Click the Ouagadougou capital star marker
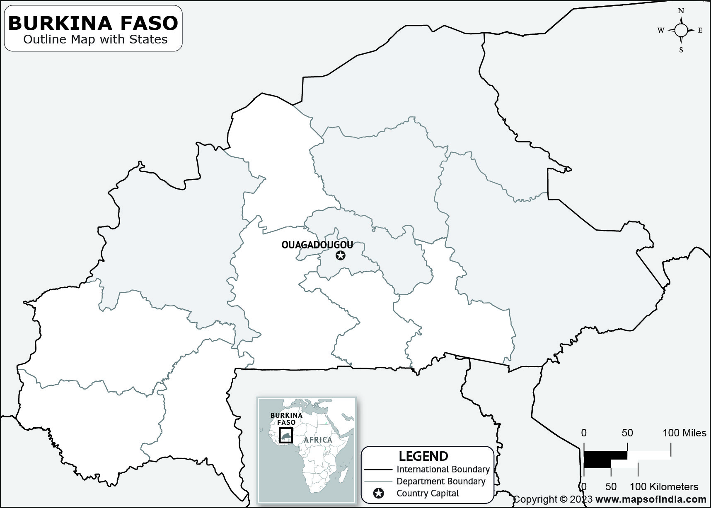tap(340, 255)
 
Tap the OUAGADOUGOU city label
tap(317, 245)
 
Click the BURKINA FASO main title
tap(93, 23)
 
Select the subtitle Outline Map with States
tap(95, 40)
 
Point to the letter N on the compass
tap(681, 11)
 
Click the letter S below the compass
tap(681, 50)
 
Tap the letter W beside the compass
tap(661, 30)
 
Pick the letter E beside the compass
tap(700, 30)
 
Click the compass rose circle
tap(681, 30)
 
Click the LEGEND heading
tap(423, 456)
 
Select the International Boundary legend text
tap(443, 469)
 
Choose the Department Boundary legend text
tap(441, 482)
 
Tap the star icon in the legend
tap(378, 494)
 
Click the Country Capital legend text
tap(428, 494)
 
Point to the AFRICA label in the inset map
tap(318, 440)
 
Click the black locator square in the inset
tap(286, 435)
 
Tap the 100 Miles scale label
tap(684, 433)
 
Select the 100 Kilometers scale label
tap(664, 486)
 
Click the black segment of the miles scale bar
tap(605, 455)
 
